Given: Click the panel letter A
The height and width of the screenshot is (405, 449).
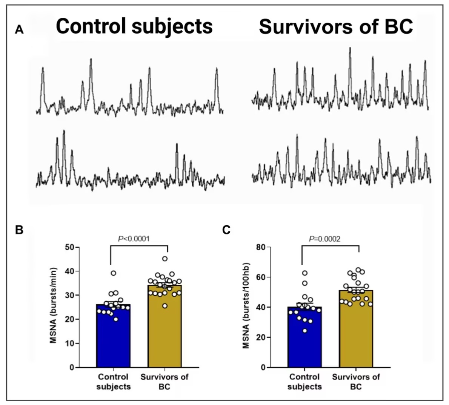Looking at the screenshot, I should click(x=19, y=29).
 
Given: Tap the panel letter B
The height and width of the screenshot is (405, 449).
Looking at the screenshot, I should click(x=19, y=230).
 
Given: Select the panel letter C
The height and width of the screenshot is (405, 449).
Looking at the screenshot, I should click(x=226, y=230).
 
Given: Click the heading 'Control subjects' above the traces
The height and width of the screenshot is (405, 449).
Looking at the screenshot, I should click(x=134, y=27).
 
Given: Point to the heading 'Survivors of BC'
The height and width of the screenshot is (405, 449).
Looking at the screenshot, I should click(x=336, y=27).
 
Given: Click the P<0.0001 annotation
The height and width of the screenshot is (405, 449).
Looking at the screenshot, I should click(x=134, y=239).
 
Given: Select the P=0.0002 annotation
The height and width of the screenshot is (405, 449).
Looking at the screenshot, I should click(x=325, y=239).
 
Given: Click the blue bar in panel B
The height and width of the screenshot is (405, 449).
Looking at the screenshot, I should click(x=113, y=339).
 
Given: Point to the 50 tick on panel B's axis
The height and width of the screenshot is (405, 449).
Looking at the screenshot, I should click(x=69, y=247).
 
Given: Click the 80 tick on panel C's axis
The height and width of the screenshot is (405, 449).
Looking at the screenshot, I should click(x=261, y=247).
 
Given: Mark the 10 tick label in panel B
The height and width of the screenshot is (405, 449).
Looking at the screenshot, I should click(x=69, y=344).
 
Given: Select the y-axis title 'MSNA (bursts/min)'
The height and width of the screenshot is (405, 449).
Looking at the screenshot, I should click(x=53, y=305).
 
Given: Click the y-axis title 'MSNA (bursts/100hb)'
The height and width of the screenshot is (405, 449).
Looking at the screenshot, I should click(x=246, y=305).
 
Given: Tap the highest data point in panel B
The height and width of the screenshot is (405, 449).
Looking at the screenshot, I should click(x=165, y=259).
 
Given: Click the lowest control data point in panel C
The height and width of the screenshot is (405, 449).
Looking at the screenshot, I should click(x=305, y=331).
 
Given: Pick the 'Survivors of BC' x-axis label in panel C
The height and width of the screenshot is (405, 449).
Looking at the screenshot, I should click(x=356, y=382).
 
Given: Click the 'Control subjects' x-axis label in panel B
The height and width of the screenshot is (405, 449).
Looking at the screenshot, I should click(x=113, y=382).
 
